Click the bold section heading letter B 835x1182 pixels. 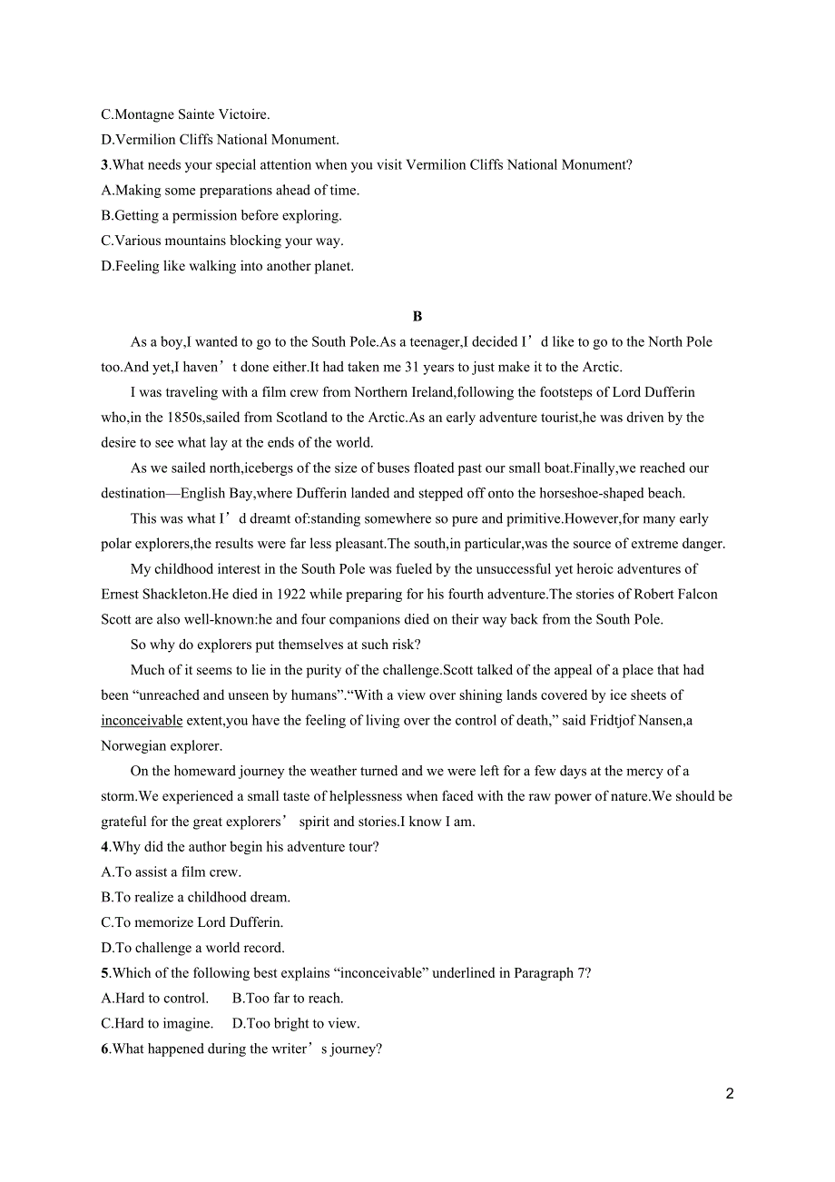click(x=417, y=317)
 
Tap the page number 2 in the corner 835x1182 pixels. click(x=730, y=1094)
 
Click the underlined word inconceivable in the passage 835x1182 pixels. click(x=142, y=721)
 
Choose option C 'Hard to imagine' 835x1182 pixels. click(x=157, y=1023)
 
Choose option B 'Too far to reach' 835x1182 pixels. click(x=288, y=999)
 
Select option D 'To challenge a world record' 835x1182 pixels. click(x=192, y=948)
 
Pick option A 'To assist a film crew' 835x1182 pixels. click(x=171, y=872)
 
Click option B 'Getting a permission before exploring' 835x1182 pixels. click(x=221, y=216)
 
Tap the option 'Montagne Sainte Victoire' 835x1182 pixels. click(x=185, y=115)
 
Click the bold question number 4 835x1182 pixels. click(x=104, y=847)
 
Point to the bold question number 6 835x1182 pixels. click(x=104, y=1049)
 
